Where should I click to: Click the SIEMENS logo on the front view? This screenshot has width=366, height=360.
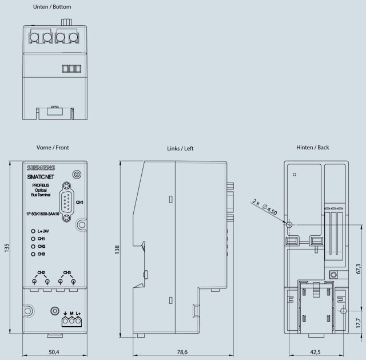tap(40, 168)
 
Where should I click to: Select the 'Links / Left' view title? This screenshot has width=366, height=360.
tap(180, 148)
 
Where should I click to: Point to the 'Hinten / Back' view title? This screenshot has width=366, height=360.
tap(312, 148)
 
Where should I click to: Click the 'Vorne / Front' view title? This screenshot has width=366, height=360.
tap(53, 148)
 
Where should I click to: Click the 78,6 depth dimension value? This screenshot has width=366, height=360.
tap(182, 351)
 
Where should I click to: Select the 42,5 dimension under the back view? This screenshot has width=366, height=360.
tap(315, 351)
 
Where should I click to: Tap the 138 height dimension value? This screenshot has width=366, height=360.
tap(117, 249)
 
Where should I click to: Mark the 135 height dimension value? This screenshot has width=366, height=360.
tap(7, 248)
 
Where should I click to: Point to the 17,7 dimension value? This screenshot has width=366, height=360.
tap(357, 322)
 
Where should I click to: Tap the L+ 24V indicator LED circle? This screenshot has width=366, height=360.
tap(33, 231)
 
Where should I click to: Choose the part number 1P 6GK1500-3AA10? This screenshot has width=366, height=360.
tap(42, 214)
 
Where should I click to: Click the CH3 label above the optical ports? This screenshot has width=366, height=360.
tap(67, 272)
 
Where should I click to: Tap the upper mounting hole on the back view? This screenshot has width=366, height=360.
tap(289, 224)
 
